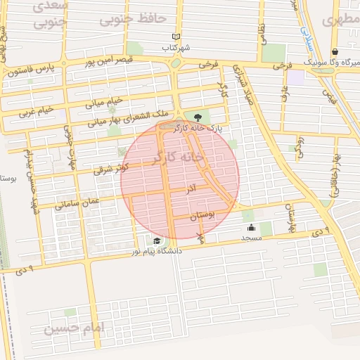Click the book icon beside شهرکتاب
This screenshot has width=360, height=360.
point(176,37)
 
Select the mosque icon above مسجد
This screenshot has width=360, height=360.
point(252,227)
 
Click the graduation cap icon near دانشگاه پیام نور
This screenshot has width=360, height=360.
point(148,241)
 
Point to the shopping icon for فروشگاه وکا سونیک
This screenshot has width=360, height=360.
point(335,52)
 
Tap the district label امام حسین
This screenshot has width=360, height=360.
point(73,328)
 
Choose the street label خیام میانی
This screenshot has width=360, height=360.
point(104,102)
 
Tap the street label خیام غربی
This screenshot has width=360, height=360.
point(36,111)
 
